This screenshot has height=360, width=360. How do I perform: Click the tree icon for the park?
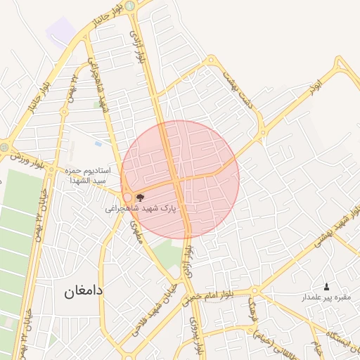(x=140, y=198)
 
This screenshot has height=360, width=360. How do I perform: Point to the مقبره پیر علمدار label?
(x=326, y=297)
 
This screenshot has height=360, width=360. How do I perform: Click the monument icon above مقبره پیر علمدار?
(x=326, y=287)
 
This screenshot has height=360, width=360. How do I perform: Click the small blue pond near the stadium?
(x=97, y=143)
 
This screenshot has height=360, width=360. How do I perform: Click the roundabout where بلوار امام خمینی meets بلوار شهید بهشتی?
(x=255, y=290)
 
